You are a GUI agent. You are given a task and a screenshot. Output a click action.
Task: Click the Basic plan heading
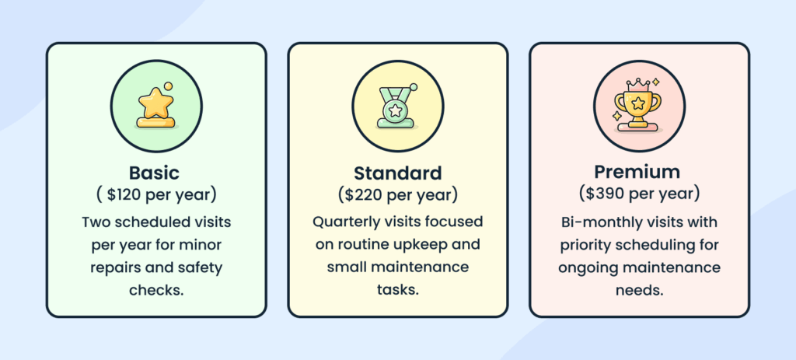pos(155,172)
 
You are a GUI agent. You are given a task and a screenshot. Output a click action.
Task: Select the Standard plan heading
pos(397,172)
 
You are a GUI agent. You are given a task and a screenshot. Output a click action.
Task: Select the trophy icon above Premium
pos(638,107)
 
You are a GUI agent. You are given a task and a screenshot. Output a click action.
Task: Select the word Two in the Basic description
pos(96,222)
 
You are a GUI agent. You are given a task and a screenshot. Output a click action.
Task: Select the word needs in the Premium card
pos(636,291)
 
